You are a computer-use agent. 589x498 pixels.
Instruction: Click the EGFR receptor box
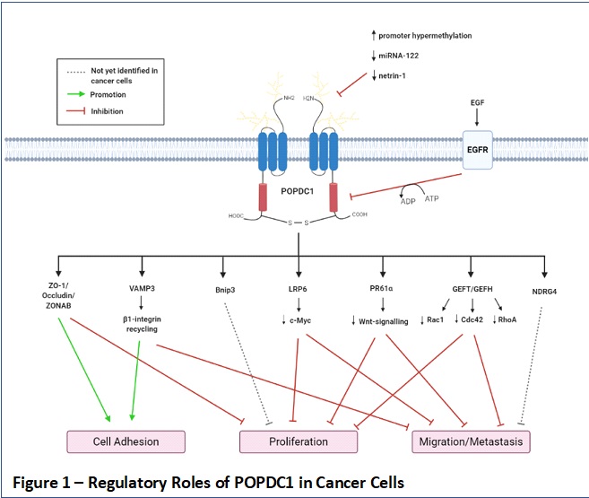pos(481,147)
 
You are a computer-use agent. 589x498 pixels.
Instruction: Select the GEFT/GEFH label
pos(472,290)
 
